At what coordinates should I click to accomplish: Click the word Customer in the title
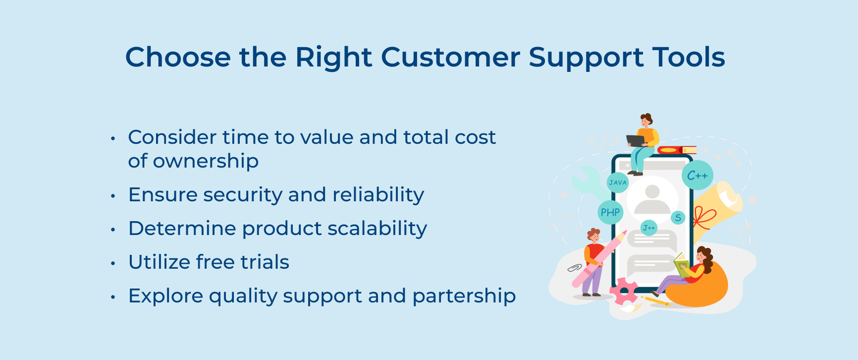(450, 57)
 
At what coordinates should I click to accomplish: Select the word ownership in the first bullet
(205, 161)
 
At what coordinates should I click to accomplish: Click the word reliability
(378, 195)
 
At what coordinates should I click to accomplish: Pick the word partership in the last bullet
(464, 297)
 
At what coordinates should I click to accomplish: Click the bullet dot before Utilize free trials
(113, 263)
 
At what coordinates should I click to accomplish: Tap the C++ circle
(697, 175)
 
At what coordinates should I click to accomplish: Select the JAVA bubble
(617, 182)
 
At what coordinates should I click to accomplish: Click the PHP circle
(610, 212)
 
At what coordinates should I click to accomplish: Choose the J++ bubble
(649, 228)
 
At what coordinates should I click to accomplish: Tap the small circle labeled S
(678, 218)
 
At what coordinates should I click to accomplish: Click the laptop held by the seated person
(636, 141)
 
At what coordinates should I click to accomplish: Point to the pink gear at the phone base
(623, 291)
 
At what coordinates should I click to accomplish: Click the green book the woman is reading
(681, 266)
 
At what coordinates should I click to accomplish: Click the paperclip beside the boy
(574, 267)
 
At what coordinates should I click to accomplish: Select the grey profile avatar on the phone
(652, 199)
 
